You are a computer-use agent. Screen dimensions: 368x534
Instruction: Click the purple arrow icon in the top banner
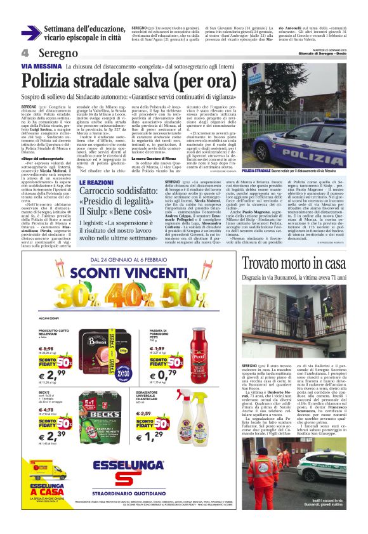[31, 32]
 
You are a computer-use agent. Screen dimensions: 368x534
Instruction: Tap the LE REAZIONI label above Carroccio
[96, 182]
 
